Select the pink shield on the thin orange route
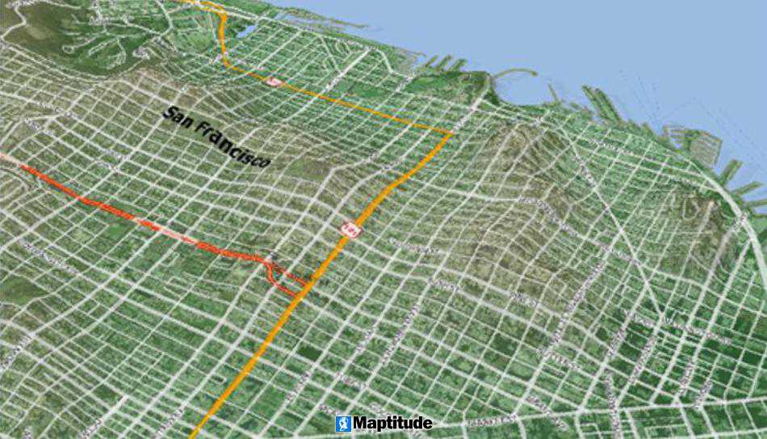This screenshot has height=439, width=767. pyautogui.click(x=274, y=81)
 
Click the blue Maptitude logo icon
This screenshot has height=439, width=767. pyautogui.click(x=343, y=424)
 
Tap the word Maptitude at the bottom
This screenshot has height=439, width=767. pyautogui.click(x=392, y=424)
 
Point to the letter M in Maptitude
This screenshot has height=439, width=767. pyautogui.click(x=361, y=424)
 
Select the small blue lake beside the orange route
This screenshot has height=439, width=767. pyautogui.click(x=247, y=31)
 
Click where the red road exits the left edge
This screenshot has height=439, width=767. pyautogui.click(x=2, y=155)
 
